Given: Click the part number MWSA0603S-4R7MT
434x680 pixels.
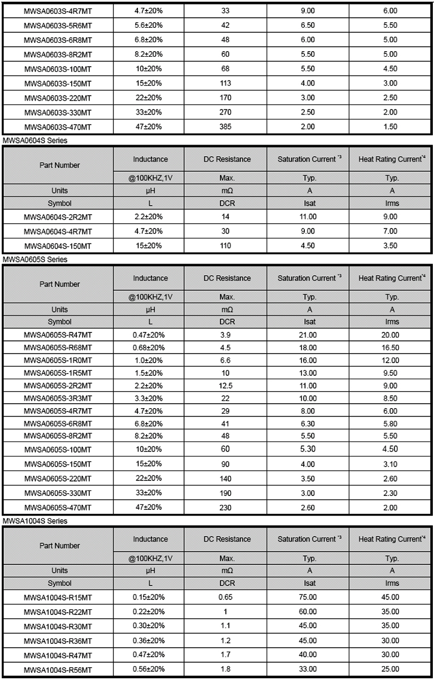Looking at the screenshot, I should tap(58, 11).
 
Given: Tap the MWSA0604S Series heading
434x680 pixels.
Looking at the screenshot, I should tap(35, 141).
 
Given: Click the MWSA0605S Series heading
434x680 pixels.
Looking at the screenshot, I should tap(35, 260).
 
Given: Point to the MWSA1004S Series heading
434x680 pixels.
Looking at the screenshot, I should tap(35, 521).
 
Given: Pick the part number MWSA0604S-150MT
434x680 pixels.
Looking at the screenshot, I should tap(58, 245).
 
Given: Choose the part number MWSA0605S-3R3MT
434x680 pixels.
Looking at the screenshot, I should tap(58, 398).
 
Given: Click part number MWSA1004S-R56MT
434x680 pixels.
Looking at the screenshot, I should tap(58, 669).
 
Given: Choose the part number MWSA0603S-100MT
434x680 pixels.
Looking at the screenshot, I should tap(58, 68).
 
